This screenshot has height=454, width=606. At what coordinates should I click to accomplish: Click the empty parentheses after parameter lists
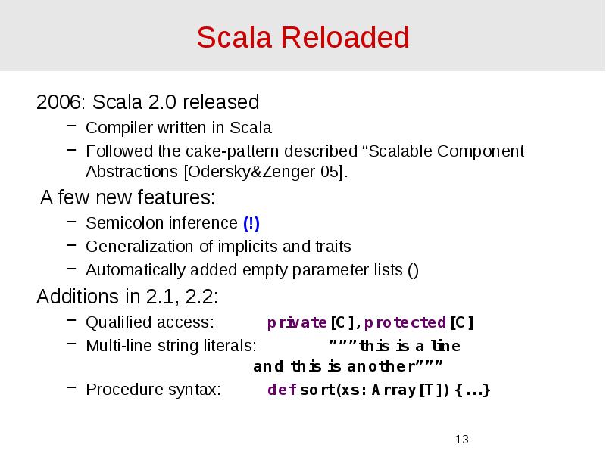[x=413, y=270]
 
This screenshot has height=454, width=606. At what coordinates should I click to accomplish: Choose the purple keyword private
[x=297, y=322]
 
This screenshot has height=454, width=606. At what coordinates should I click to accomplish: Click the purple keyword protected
[x=405, y=322]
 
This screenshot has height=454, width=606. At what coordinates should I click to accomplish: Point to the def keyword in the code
[x=281, y=390]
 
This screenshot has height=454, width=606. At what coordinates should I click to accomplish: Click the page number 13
[x=462, y=440]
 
